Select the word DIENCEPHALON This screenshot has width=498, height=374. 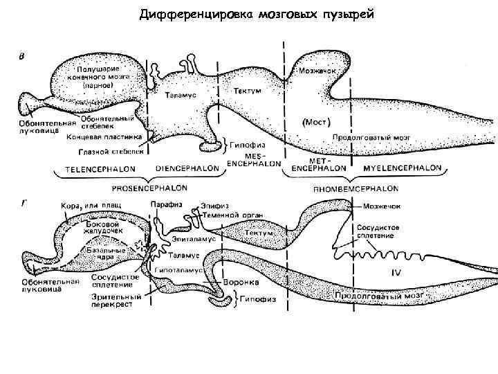point(184,168)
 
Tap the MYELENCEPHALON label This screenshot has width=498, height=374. point(402,168)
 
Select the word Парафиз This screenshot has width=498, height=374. point(166,204)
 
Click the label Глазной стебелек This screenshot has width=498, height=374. point(118,150)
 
